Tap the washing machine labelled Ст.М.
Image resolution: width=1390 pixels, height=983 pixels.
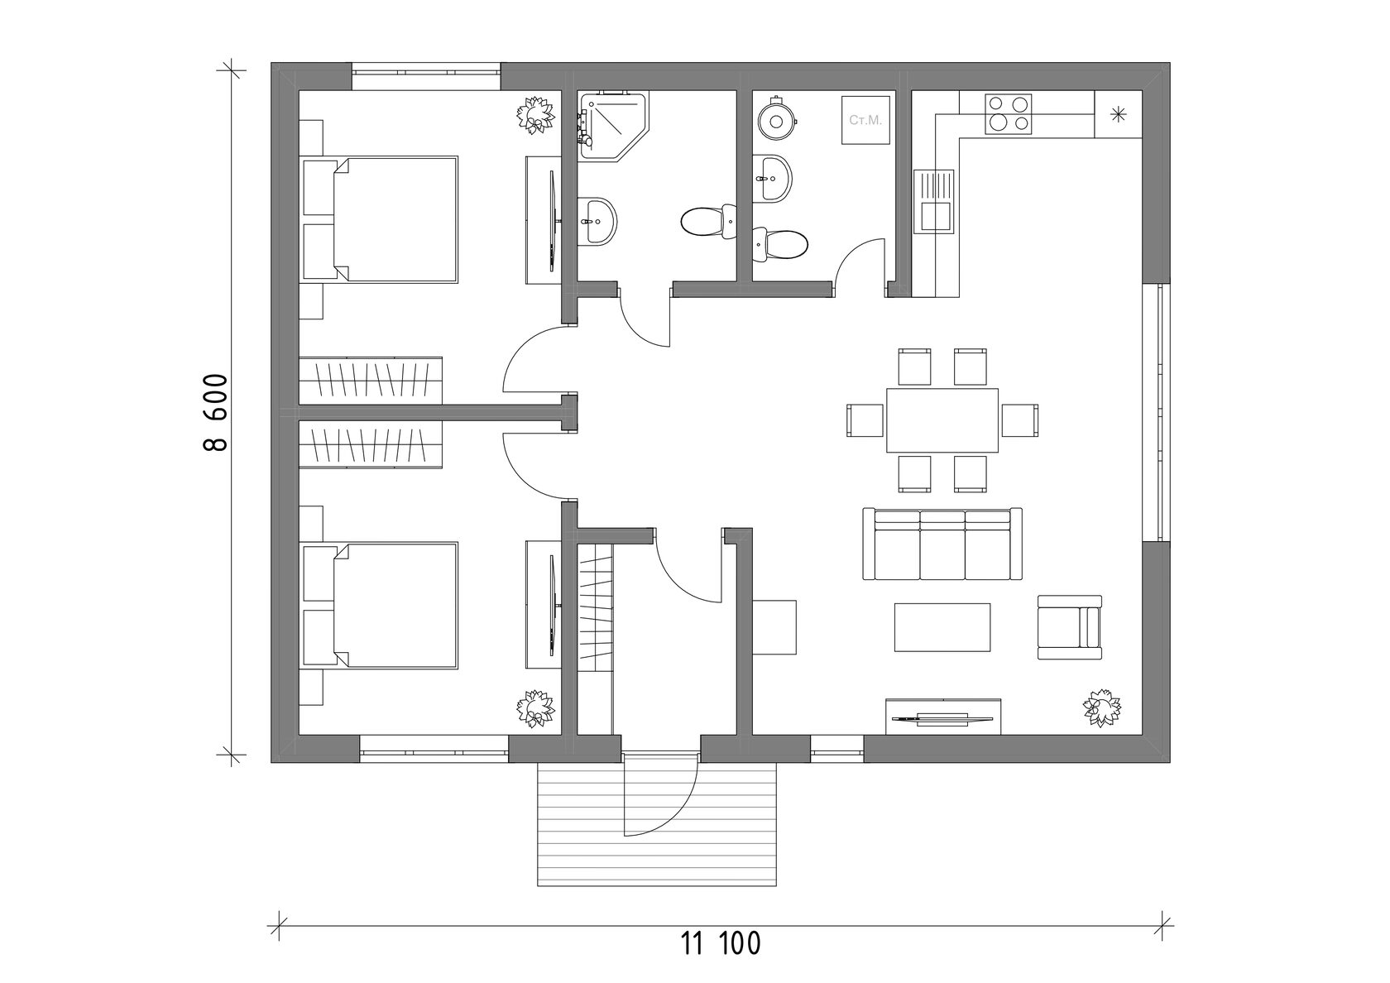(x=866, y=121)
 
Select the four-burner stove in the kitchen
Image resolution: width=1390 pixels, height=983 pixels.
(x=1009, y=115)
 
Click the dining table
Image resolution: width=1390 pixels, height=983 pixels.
(x=942, y=420)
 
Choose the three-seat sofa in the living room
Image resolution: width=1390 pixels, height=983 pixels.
(x=942, y=544)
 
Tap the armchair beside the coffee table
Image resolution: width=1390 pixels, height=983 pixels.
(x=1070, y=627)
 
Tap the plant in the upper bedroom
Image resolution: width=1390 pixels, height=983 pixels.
(x=535, y=113)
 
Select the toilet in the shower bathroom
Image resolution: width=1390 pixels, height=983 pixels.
(x=709, y=221)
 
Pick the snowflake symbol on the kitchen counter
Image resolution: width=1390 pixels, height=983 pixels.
(x=1119, y=114)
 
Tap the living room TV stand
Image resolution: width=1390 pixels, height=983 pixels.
(x=944, y=717)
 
